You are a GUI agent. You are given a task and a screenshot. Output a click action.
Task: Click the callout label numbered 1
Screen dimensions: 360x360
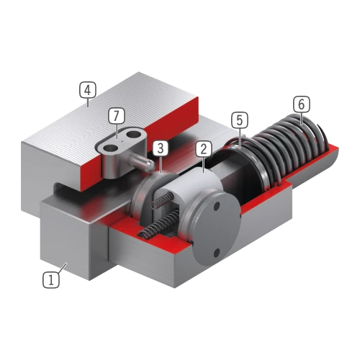[x=51, y=279]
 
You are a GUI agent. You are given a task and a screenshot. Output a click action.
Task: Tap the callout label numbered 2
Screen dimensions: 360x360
[x=204, y=149]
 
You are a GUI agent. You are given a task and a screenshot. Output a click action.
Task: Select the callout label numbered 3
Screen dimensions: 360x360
[x=161, y=148]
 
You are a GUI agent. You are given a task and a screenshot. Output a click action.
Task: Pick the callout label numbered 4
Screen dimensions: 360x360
[x=88, y=90]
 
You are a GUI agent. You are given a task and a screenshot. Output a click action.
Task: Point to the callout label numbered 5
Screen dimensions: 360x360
[x=240, y=120]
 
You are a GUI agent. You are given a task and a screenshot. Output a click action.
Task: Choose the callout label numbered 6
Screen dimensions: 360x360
[x=302, y=104]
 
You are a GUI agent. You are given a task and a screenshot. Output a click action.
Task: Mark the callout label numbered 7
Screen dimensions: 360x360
[x=117, y=116]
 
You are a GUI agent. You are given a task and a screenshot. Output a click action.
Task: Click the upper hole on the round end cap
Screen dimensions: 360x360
[x=217, y=206]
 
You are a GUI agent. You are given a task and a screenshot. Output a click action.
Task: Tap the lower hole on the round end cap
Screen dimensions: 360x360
[x=216, y=252]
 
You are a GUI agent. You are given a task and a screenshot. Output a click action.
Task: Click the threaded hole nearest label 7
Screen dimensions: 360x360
[x=111, y=150]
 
